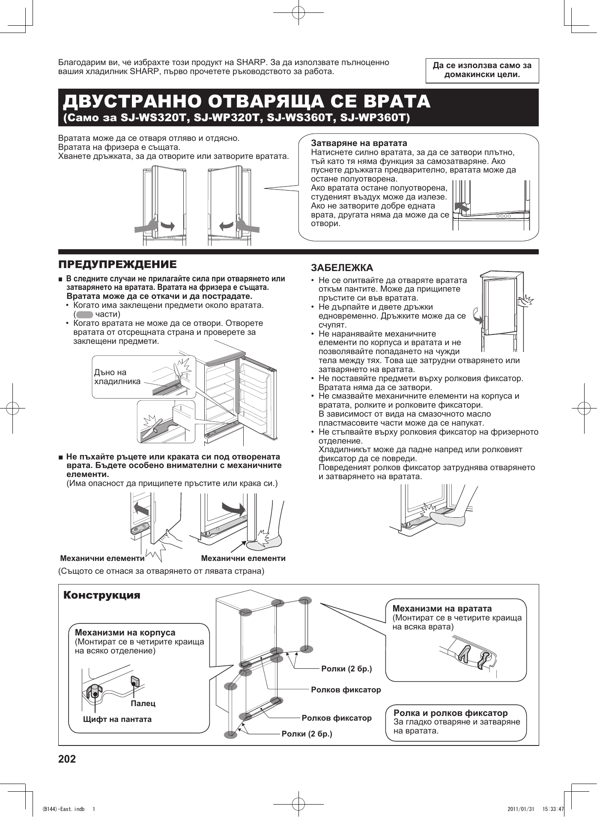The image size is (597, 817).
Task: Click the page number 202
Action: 67,759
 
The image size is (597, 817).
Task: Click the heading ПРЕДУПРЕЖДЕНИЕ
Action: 117,264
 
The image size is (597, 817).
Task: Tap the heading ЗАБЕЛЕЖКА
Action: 342,268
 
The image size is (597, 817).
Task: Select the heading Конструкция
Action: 102,595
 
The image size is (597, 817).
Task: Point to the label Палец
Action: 143,703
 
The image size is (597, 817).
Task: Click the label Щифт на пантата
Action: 117,719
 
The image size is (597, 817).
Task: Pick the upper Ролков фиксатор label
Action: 346,689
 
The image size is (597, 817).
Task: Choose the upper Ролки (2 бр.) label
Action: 346,668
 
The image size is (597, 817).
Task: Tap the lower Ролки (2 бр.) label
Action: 307,734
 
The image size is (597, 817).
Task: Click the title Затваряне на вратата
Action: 359,143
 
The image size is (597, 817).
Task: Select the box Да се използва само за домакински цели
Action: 482,70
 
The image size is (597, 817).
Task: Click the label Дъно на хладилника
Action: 117,377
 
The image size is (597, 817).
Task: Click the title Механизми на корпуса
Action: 125,632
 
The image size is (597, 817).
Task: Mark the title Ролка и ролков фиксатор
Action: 451,713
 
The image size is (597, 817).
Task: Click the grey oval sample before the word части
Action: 84,314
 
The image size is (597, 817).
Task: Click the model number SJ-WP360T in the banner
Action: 374,117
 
